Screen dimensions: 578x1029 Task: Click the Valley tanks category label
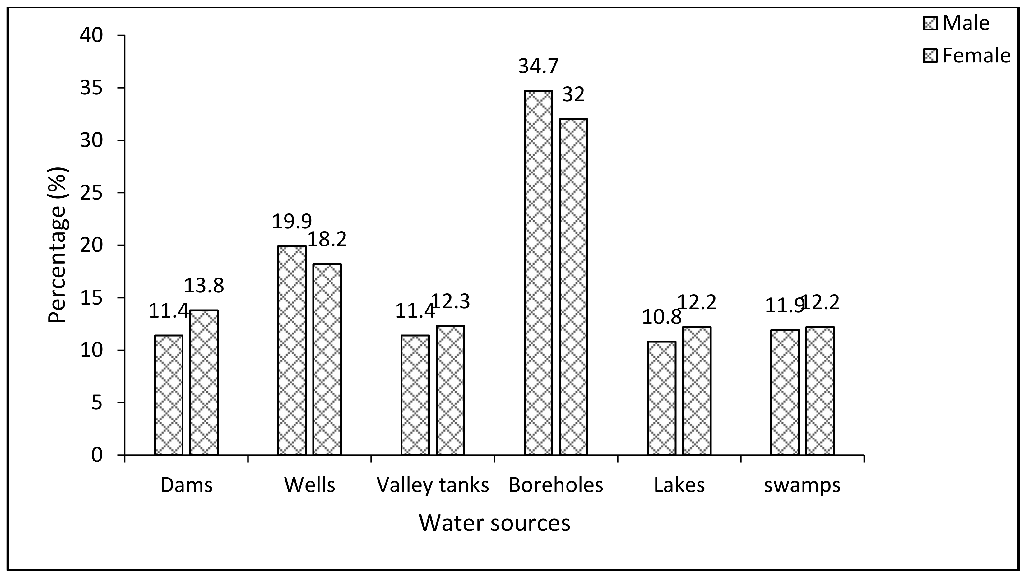[x=433, y=485]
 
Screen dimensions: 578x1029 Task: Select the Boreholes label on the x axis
[x=556, y=485]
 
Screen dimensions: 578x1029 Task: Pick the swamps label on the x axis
[x=802, y=485]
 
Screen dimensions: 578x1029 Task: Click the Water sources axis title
[x=494, y=523]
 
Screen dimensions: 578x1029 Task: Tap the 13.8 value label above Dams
[x=204, y=286]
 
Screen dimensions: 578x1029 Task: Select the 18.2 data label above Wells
[x=327, y=240]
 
